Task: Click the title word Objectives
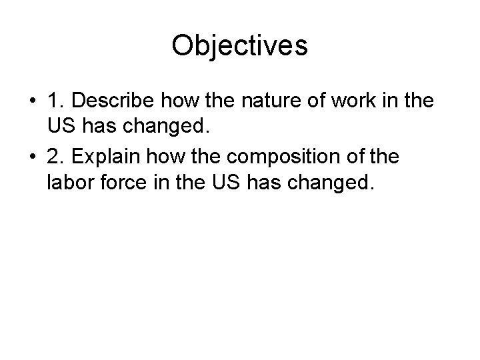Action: [x=239, y=46]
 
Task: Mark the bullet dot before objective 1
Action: [x=31, y=102]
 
